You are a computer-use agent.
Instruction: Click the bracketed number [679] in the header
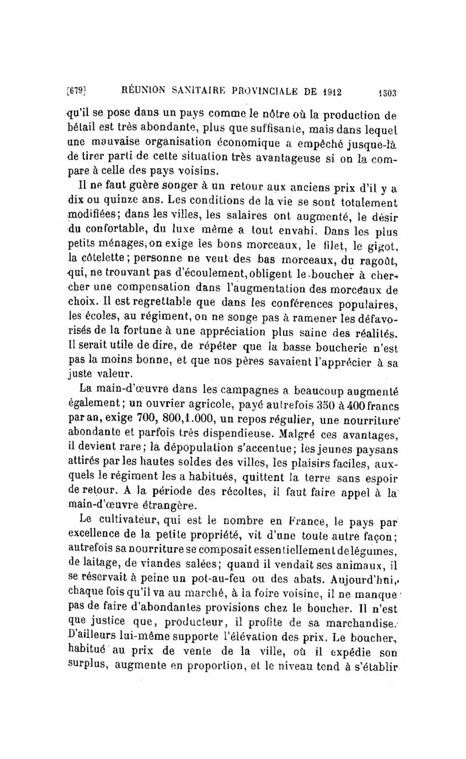pyautogui.click(x=77, y=91)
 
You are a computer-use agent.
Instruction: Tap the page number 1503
pyautogui.click(x=386, y=92)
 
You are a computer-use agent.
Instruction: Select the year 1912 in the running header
pyautogui.click(x=328, y=91)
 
